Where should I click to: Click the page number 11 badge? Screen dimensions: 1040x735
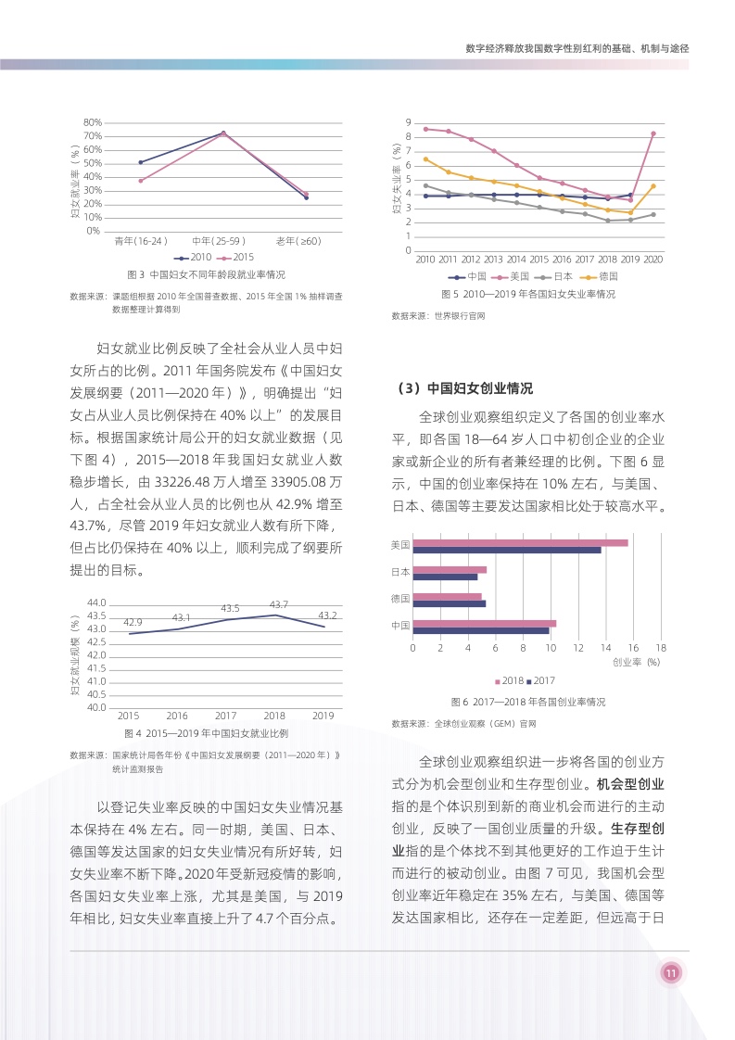point(671,972)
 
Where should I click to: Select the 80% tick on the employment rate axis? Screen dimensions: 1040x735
point(92,122)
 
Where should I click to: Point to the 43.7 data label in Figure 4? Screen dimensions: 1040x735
point(278,604)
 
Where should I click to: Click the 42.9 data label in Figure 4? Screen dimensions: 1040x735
point(133,622)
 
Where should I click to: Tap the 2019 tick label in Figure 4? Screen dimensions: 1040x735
point(323,716)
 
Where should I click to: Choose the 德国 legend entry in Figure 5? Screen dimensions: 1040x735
point(600,276)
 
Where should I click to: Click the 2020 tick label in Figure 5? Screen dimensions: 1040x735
point(653,260)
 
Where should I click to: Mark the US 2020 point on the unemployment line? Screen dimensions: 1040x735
point(653,133)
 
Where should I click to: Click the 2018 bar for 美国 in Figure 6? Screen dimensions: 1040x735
point(520,542)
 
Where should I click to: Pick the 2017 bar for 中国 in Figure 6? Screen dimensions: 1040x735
point(481,630)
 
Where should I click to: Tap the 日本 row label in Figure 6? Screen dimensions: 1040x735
point(400,572)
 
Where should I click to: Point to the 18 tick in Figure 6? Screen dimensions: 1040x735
point(660,647)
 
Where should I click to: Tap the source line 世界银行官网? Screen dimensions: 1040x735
point(438,316)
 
